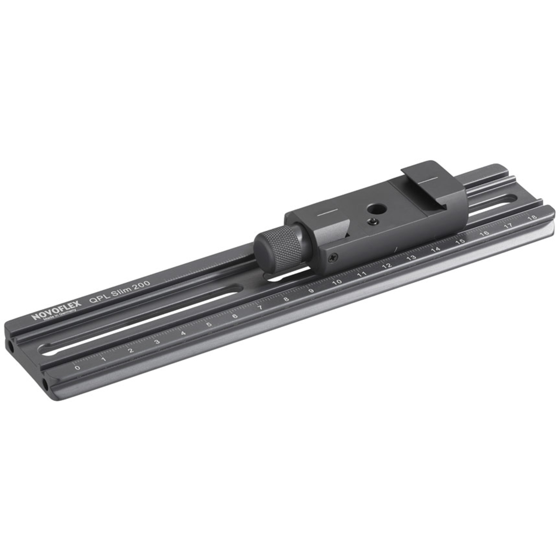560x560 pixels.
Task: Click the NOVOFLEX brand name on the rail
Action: pyautogui.click(x=56, y=311)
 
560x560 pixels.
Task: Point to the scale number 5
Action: pyautogui.click(x=209, y=324)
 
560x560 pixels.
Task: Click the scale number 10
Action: pyautogui.click(x=337, y=282)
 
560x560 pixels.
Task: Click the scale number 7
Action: pyautogui.click(x=261, y=307)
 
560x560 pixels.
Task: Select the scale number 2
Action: pyautogui.click(x=131, y=350)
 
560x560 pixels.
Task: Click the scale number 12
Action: pyautogui.click(x=387, y=265)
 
